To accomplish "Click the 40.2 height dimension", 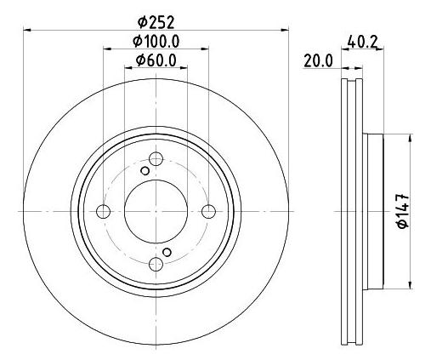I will point(362,39).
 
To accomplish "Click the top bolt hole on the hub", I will point(156,158).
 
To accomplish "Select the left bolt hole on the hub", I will point(104,211).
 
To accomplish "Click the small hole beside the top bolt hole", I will point(145,171).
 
